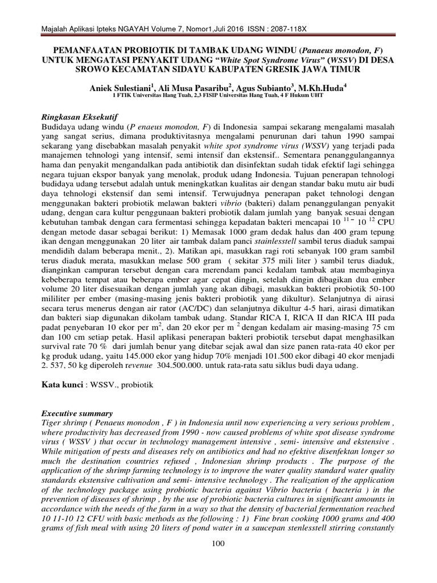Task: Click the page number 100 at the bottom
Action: coord(218,544)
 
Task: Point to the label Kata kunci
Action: coord(61,385)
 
